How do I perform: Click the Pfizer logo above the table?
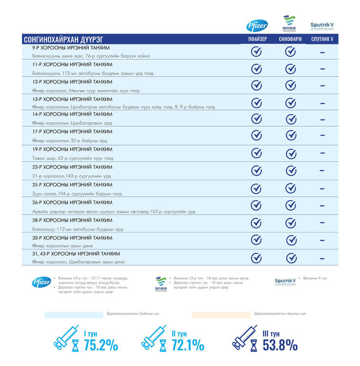(x=256, y=25)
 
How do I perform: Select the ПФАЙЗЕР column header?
(x=256, y=40)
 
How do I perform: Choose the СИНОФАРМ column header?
(x=290, y=40)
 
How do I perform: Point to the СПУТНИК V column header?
(x=322, y=40)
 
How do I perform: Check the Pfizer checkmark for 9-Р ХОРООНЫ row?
(x=256, y=52)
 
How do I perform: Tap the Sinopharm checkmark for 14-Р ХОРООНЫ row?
(x=291, y=119)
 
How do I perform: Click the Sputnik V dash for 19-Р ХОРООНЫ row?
(x=322, y=153)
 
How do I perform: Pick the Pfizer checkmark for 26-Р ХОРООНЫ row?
(x=256, y=205)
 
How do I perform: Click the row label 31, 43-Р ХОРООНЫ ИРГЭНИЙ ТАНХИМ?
(x=76, y=254)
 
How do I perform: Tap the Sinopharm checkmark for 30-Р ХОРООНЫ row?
(x=291, y=240)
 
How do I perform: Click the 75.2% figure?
(x=101, y=345)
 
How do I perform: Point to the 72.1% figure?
(x=188, y=345)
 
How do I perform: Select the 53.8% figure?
(x=280, y=345)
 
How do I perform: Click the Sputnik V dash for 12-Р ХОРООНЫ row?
(x=322, y=86)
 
